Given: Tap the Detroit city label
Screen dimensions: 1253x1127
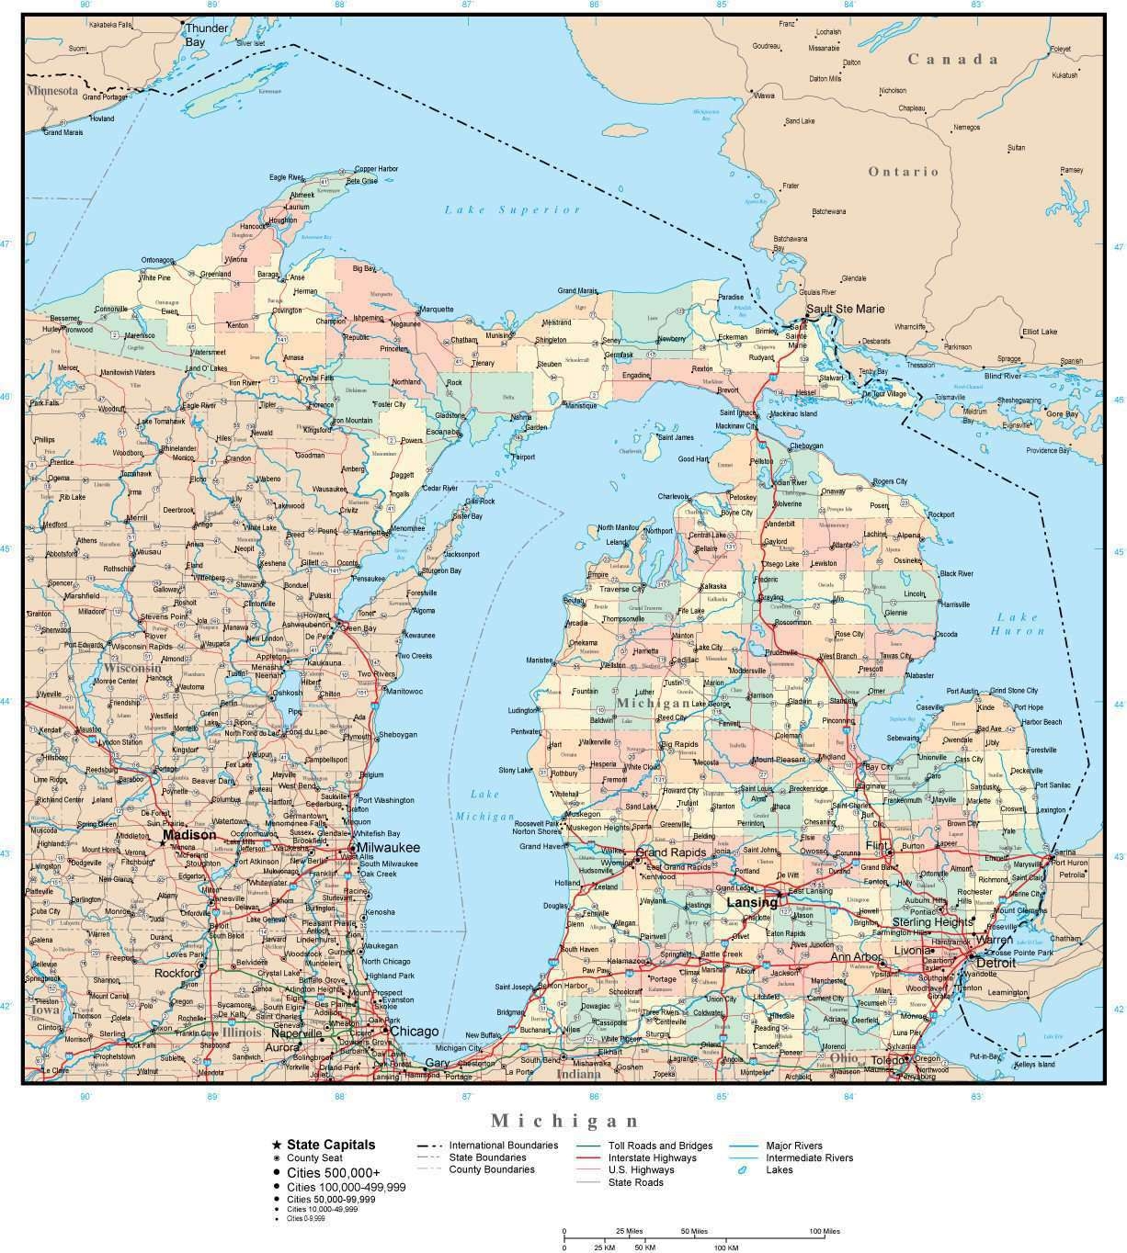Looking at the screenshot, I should (996, 964).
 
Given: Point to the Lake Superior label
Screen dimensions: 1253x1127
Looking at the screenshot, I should (512, 209).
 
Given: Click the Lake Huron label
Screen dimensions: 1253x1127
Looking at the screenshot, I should (1018, 624).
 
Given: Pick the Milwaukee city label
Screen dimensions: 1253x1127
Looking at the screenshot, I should (388, 847).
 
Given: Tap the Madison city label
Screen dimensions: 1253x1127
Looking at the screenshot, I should (189, 835).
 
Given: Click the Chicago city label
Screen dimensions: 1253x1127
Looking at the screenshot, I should (414, 1032).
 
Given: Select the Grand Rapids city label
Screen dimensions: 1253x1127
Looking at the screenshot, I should (670, 852).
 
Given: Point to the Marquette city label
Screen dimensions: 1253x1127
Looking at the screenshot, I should (436, 310).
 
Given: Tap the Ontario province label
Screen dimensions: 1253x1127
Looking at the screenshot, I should (904, 171).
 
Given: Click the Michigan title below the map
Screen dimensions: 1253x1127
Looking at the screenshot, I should (564, 1120).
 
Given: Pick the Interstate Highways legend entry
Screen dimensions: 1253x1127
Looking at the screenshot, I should (652, 1157).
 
